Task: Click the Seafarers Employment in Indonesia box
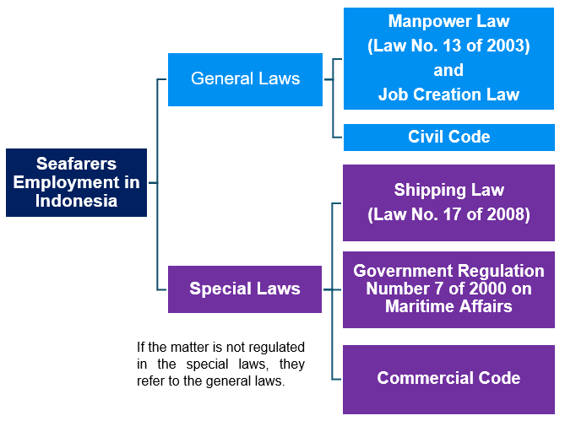(76, 182)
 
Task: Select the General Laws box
(245, 79)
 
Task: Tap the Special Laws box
(245, 289)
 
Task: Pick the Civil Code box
(448, 137)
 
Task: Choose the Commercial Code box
(448, 378)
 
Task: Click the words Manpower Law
(448, 21)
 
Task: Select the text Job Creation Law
(448, 94)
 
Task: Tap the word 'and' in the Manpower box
(448, 70)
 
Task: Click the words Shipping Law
(448, 190)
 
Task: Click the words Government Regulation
(448, 271)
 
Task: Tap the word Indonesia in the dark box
(76, 201)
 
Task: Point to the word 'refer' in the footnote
(152, 381)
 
